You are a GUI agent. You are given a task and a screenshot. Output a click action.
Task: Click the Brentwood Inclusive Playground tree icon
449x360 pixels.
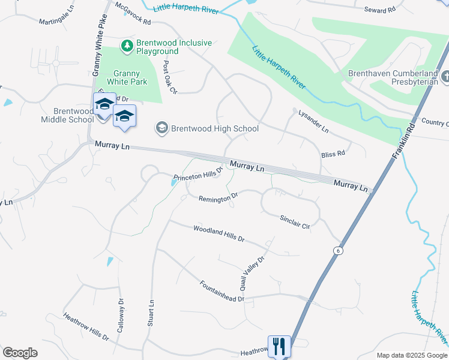pyautogui.click(x=127, y=46)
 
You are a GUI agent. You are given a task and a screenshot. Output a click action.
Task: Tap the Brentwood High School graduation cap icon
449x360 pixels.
pyautogui.click(x=161, y=128)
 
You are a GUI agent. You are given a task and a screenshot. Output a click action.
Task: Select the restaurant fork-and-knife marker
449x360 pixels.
pyautogui.click(x=279, y=347)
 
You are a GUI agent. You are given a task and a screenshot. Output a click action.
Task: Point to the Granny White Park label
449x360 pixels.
pyautogui.click(x=127, y=76)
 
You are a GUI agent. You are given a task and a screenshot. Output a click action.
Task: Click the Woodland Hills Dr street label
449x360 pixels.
pyautogui.click(x=219, y=233)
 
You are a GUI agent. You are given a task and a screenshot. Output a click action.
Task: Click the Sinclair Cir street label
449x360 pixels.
pyautogui.click(x=295, y=221)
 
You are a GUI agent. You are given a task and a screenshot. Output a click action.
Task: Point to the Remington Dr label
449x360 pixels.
pyautogui.click(x=218, y=197)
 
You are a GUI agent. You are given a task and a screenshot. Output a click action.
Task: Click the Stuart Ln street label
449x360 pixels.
pyautogui.click(x=151, y=313)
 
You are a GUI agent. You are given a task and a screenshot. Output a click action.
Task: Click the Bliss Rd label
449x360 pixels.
pyautogui.click(x=333, y=154)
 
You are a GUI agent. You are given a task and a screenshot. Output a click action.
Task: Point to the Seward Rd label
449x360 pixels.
pyautogui.click(x=381, y=9)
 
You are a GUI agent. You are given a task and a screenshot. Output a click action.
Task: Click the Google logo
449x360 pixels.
pyautogui.click(x=20, y=352)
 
